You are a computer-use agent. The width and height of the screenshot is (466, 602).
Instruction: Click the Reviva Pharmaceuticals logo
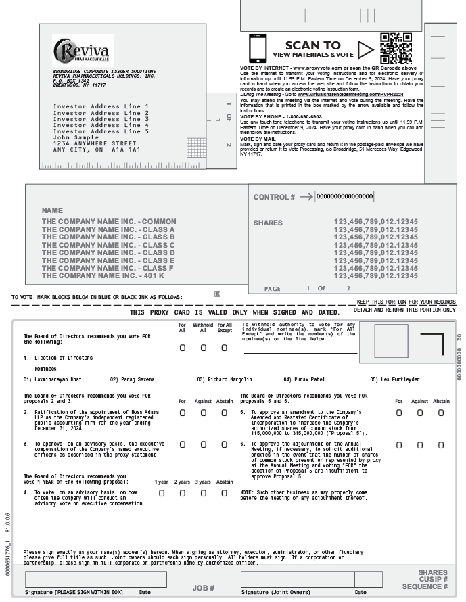(83, 50)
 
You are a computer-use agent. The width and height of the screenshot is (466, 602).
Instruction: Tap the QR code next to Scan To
(396, 48)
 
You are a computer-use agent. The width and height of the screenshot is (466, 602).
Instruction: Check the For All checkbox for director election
(183, 348)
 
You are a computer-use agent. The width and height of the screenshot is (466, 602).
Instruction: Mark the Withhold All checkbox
(204, 348)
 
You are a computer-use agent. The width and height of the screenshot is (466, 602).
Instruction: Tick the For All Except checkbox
(225, 348)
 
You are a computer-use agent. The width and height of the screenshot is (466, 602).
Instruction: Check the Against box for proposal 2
(204, 413)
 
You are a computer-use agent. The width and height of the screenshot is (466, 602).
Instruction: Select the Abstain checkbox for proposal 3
(225, 444)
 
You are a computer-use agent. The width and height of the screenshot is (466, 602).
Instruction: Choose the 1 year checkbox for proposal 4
(162, 493)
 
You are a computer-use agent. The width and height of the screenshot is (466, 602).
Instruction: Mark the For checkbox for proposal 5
(399, 413)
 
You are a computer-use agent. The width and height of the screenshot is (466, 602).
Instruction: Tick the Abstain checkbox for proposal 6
(441, 444)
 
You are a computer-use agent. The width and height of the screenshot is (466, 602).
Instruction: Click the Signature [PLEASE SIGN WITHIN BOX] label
(74, 593)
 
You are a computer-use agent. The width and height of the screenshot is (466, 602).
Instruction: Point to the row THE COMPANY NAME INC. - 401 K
(103, 275)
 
